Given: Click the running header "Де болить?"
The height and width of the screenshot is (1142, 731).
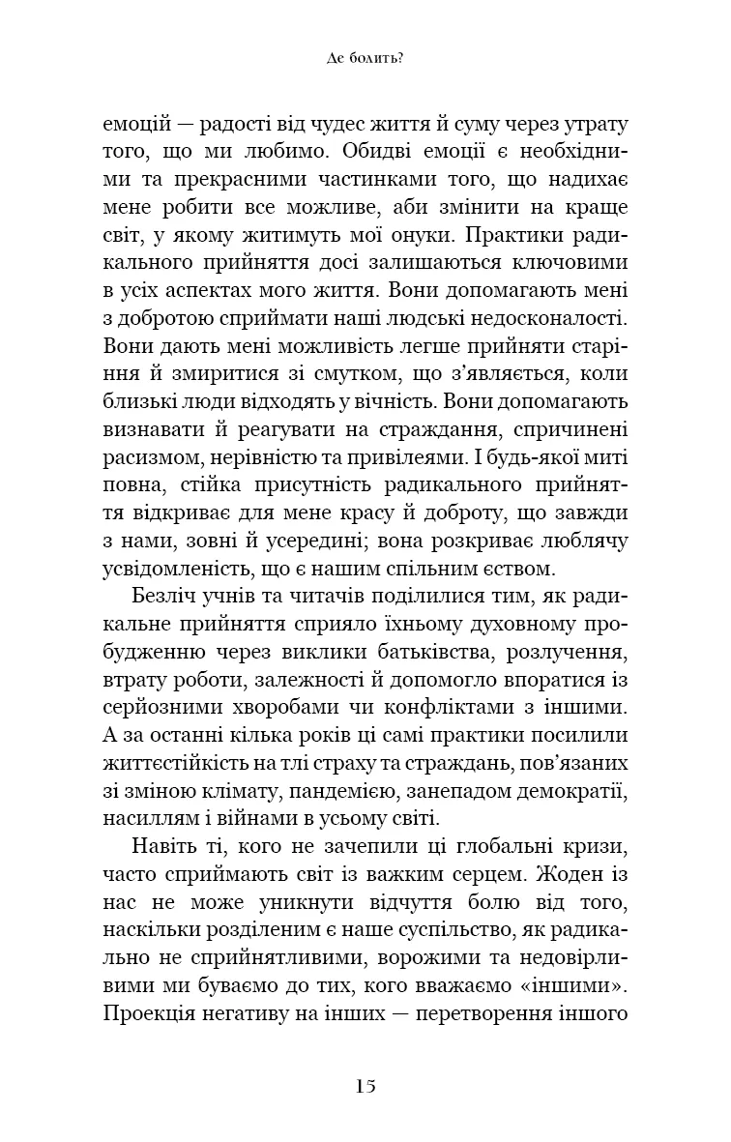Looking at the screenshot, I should tap(365, 58).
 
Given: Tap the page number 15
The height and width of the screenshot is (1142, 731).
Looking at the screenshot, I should tap(365, 1085).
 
